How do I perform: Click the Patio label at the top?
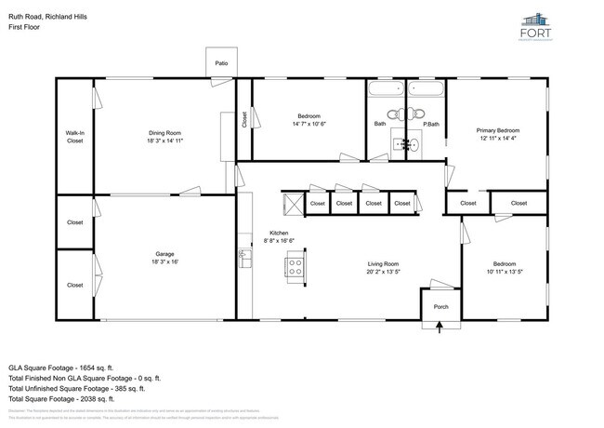tap(221, 63)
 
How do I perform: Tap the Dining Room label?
tap(164, 133)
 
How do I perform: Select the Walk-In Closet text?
tap(75, 137)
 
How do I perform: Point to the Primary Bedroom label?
tap(498, 130)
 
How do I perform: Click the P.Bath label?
tap(430, 124)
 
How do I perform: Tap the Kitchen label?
tap(279, 233)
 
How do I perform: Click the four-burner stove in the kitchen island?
tap(295, 267)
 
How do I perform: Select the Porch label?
tap(440, 306)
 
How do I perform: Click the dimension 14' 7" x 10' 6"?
tap(309, 124)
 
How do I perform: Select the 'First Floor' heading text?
tap(25, 27)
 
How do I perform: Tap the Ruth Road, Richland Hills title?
tap(48, 15)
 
